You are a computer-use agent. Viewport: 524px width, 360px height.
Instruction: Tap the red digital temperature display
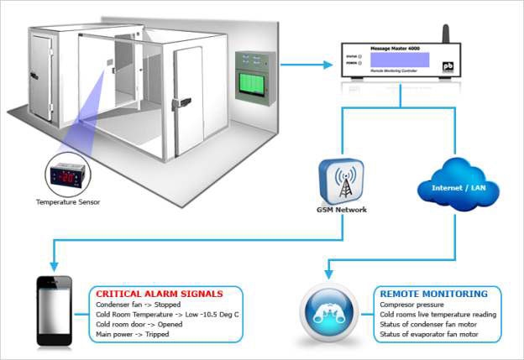[x=70, y=175]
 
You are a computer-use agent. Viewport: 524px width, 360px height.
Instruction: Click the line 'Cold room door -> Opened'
[x=138, y=324]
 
